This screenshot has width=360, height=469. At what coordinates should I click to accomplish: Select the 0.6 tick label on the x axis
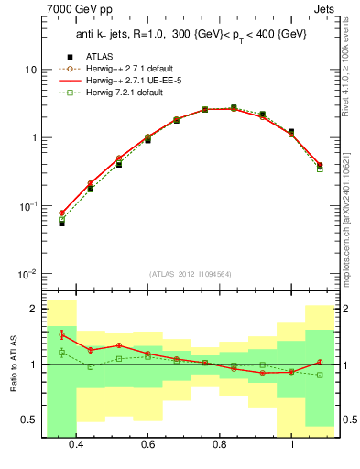point(147,444)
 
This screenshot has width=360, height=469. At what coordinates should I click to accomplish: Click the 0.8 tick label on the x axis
point(219,444)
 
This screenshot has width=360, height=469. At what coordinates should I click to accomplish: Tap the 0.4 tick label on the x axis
point(76,444)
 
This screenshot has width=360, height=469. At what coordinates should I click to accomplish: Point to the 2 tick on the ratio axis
point(34,309)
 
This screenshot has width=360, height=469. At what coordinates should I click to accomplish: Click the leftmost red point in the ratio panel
point(61,334)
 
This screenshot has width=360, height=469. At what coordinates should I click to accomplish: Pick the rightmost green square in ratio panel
point(319,375)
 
